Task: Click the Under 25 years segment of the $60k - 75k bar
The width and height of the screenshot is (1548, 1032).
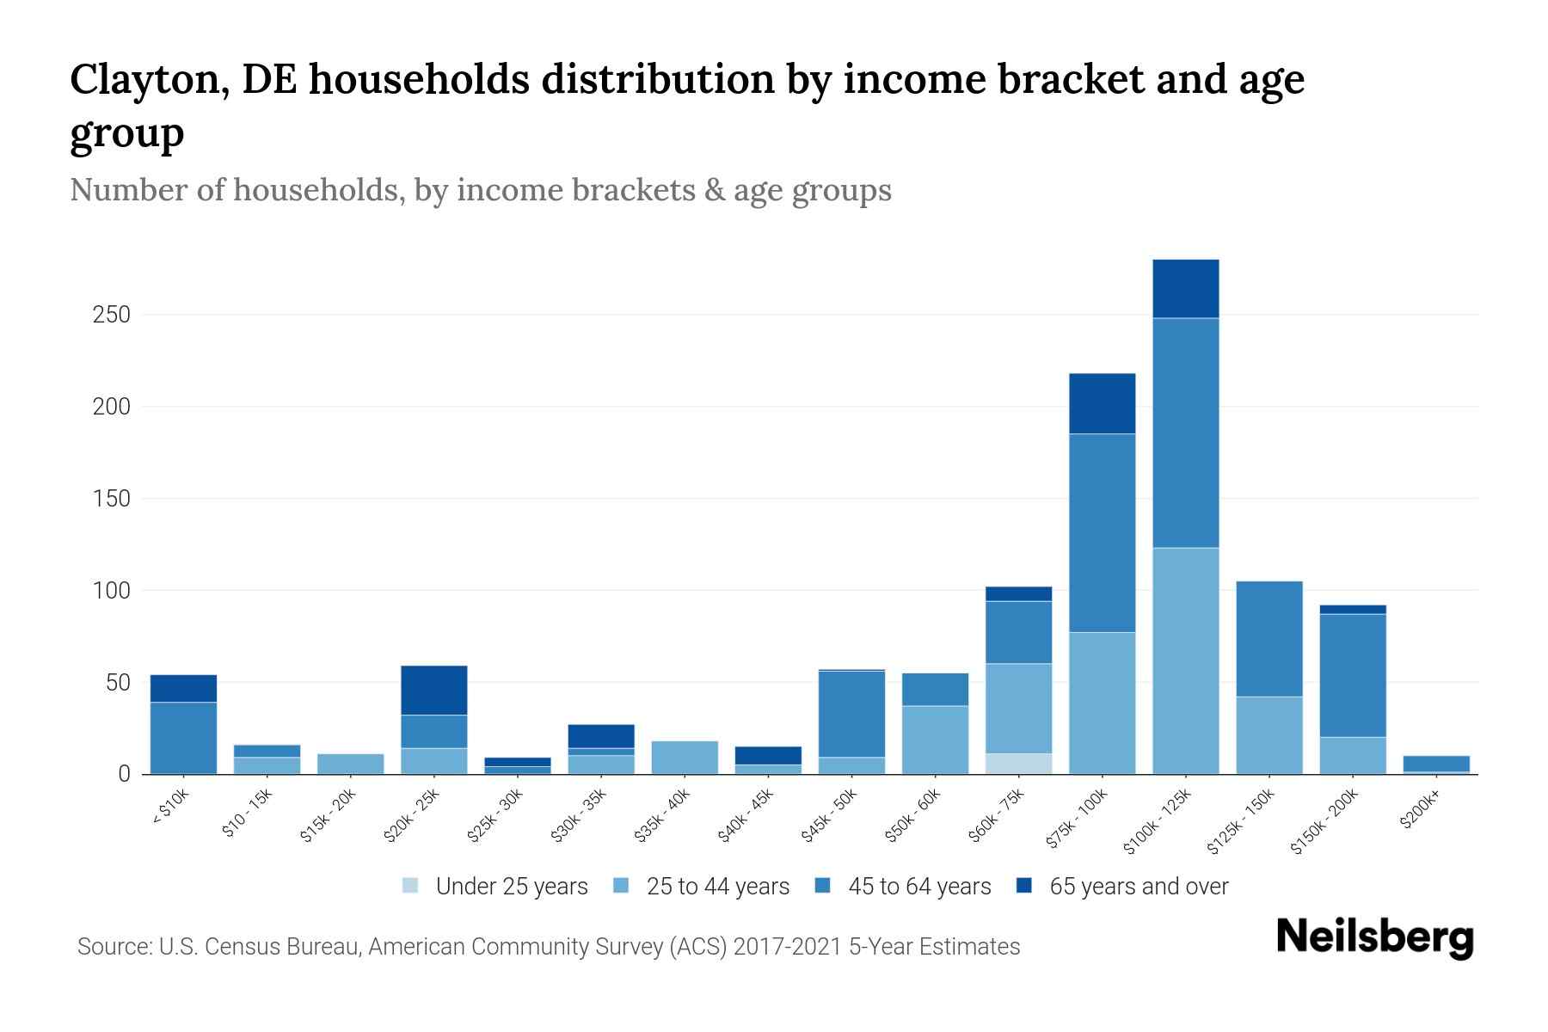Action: point(1018,764)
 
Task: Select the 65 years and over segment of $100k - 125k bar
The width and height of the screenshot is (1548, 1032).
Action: point(1185,288)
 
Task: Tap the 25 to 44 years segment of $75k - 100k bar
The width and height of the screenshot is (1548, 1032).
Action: point(1102,703)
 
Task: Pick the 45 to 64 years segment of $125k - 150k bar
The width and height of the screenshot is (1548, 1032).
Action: point(1268,638)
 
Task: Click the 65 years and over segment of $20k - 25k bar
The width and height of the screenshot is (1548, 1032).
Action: point(433,690)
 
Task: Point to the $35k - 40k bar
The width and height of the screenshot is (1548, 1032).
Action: point(685,757)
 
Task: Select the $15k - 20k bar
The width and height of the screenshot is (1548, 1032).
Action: point(350,764)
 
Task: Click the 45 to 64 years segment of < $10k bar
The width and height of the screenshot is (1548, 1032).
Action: point(183,737)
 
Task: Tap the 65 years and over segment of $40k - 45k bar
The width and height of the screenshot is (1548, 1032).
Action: point(768,755)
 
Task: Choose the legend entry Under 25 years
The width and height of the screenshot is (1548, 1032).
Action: point(495,887)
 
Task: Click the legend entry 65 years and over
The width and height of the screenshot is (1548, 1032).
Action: point(1122,887)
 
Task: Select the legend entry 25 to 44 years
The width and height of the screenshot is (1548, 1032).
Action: point(701,887)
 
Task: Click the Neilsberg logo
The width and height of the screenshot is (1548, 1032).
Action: point(1374,937)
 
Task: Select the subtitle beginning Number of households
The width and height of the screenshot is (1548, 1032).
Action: point(480,190)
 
